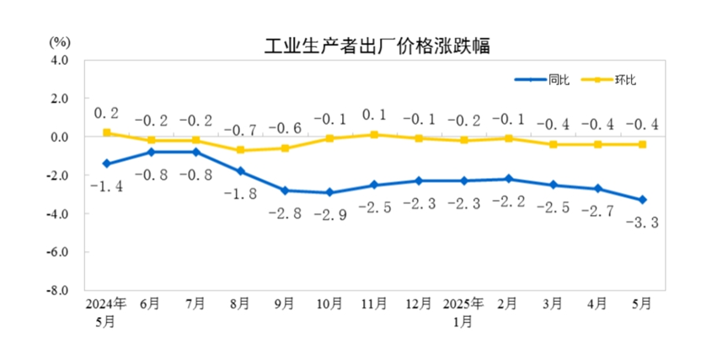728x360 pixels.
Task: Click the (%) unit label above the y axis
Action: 59,40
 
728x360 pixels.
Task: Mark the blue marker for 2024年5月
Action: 107,164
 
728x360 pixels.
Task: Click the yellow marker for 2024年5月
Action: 107,132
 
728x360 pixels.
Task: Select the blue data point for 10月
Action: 329,192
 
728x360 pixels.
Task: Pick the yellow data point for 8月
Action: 240,150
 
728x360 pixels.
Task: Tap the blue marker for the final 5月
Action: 642,200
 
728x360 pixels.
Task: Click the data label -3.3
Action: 641,223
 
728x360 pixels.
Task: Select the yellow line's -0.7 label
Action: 240,130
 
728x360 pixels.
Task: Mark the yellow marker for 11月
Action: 374,134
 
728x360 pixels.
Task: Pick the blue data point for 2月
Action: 508,179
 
